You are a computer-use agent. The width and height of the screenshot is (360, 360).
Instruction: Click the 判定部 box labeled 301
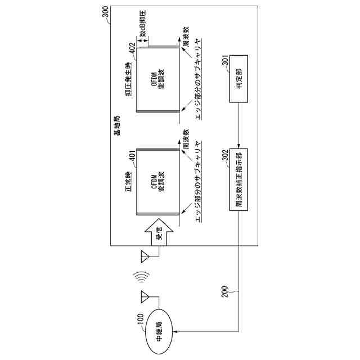click(x=240, y=87)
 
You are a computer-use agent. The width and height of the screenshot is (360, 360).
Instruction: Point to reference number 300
click(x=107, y=11)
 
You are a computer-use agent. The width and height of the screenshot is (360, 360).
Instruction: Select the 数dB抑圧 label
click(x=144, y=23)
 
